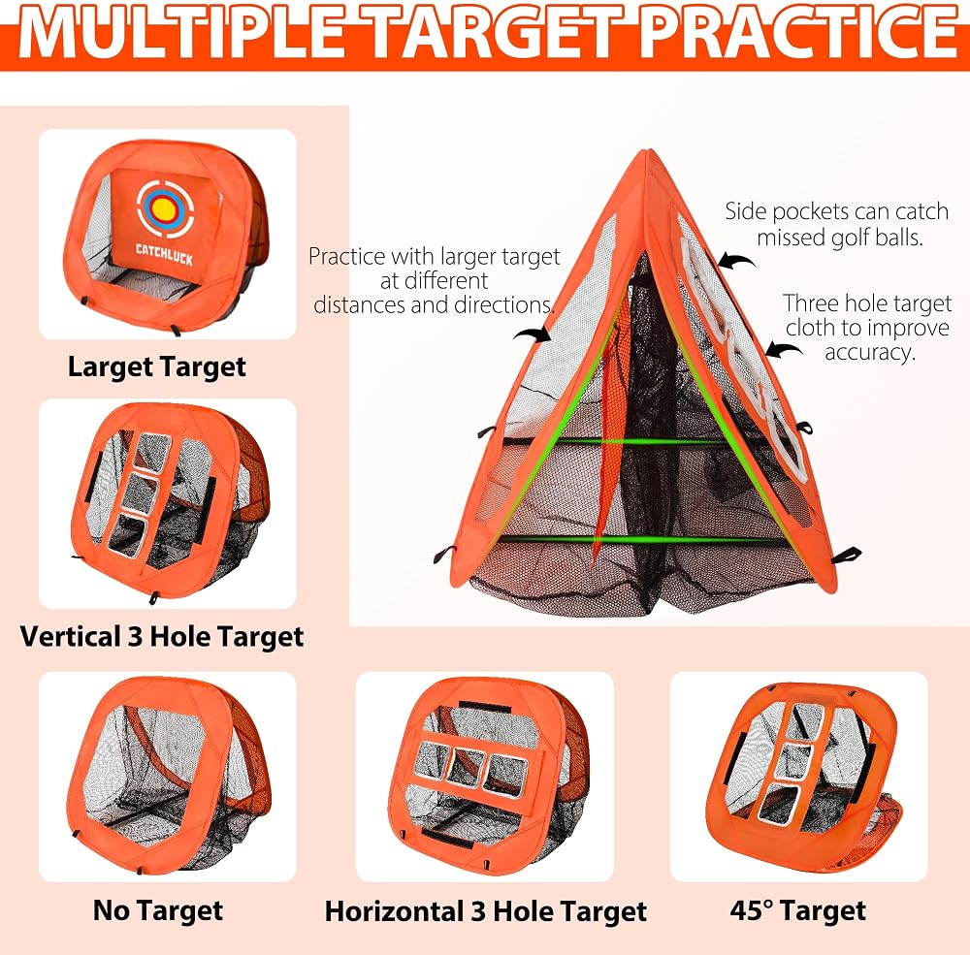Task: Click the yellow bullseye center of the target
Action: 164,210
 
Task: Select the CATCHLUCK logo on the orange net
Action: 164,254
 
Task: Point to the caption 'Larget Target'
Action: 157,366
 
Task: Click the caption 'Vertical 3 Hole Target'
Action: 162,636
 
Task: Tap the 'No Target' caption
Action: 158,910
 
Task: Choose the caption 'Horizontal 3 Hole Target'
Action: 486,911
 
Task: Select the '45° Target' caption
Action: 798,910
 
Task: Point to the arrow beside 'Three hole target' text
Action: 784,349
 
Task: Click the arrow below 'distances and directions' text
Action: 532,334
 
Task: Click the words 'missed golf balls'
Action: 839,238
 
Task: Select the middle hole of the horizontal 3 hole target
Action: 469,767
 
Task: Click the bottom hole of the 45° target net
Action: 778,804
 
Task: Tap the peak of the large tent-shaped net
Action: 648,151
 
